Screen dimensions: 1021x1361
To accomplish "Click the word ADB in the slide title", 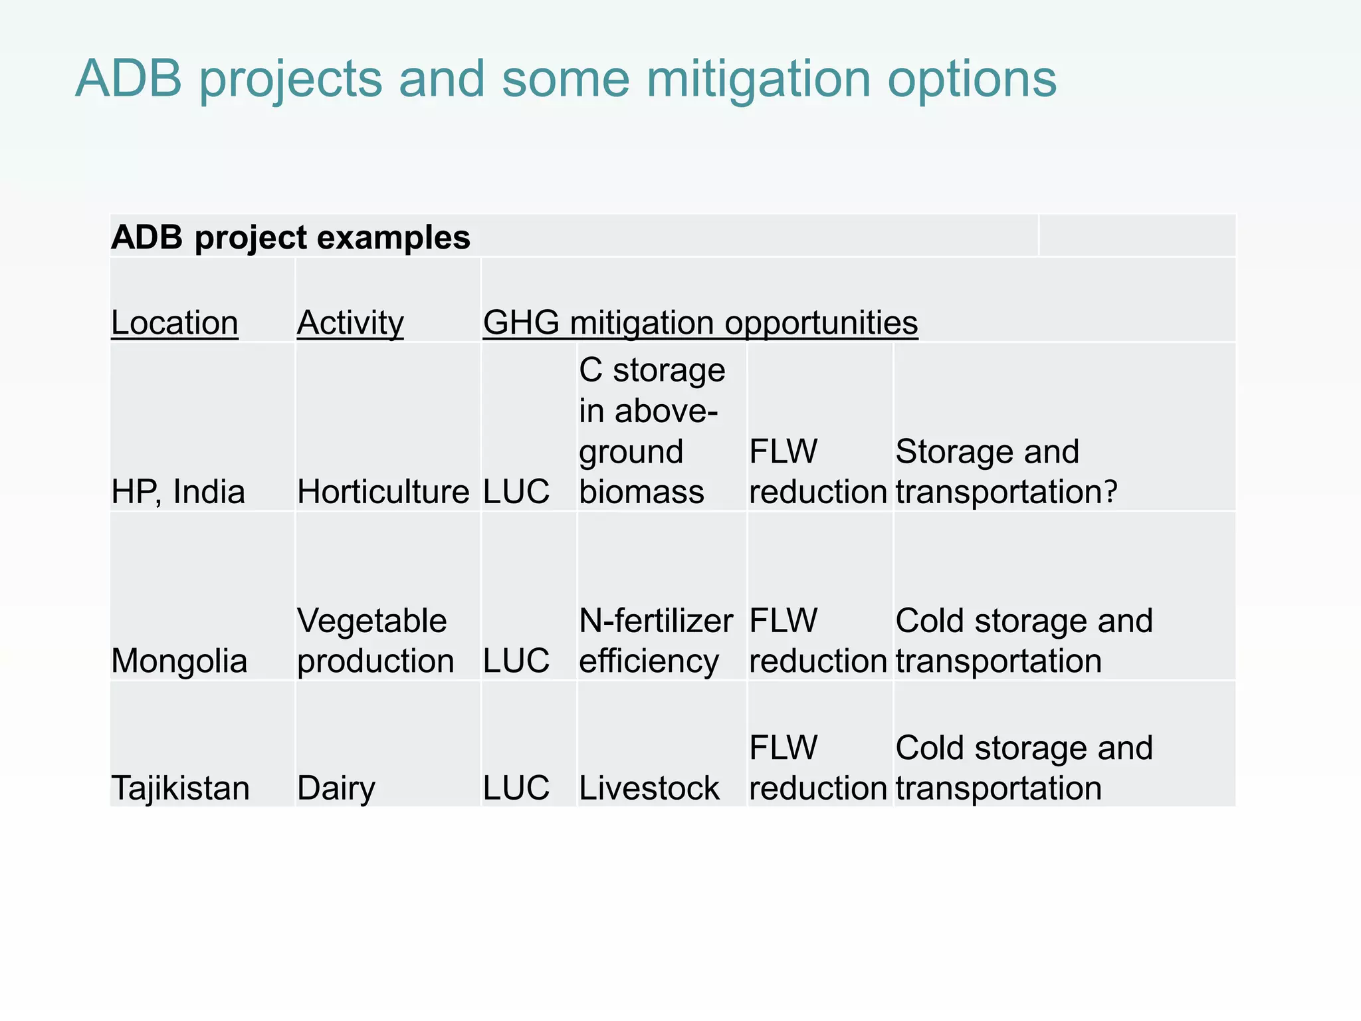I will (x=129, y=78).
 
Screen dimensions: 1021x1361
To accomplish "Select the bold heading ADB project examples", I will (x=290, y=237).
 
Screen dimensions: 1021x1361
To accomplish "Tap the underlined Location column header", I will (x=174, y=323).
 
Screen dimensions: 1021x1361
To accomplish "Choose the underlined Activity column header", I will (x=350, y=323).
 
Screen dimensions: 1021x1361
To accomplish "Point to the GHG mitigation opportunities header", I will (x=700, y=323).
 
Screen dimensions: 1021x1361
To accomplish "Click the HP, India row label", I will (x=178, y=493).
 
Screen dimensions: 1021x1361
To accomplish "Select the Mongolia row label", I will (x=179, y=661).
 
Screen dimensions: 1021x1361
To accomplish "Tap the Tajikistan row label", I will (x=180, y=788).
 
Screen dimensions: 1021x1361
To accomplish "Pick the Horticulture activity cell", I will (x=383, y=493).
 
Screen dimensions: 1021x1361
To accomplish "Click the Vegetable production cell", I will (x=375, y=641).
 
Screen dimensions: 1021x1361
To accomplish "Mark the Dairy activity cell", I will (x=336, y=788).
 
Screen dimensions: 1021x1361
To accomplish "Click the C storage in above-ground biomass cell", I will (x=651, y=431).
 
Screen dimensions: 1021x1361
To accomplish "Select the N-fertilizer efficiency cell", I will (x=655, y=641).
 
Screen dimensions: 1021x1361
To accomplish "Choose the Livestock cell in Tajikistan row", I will (x=649, y=788).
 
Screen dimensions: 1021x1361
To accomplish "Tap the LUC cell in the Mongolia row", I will (x=516, y=661).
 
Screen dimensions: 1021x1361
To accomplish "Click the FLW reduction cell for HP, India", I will (x=817, y=472).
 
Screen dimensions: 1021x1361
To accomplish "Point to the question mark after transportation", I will (x=1110, y=493).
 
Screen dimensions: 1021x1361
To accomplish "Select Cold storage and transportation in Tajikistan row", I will (x=1023, y=768).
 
